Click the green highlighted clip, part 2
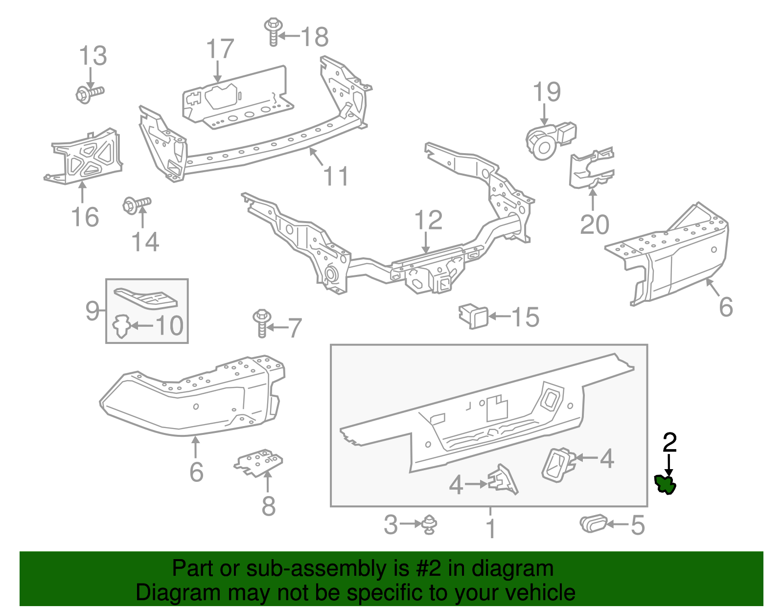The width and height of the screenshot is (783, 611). pyautogui.click(x=666, y=484)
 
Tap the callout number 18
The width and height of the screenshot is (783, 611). pyautogui.click(x=314, y=37)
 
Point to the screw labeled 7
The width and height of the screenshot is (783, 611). pyautogui.click(x=262, y=322)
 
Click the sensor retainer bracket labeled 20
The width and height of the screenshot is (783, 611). pyautogui.click(x=591, y=169)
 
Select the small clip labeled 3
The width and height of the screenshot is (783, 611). pyautogui.click(x=430, y=524)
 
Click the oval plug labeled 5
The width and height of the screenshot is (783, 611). pyautogui.click(x=593, y=523)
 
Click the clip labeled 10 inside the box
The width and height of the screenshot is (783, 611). pyautogui.click(x=121, y=326)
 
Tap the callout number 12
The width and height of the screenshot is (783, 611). pyautogui.click(x=428, y=221)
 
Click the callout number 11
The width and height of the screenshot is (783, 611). pyautogui.click(x=336, y=176)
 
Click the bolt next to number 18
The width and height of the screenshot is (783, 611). pyautogui.click(x=274, y=32)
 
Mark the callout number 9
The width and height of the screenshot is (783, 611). pyautogui.click(x=92, y=310)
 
